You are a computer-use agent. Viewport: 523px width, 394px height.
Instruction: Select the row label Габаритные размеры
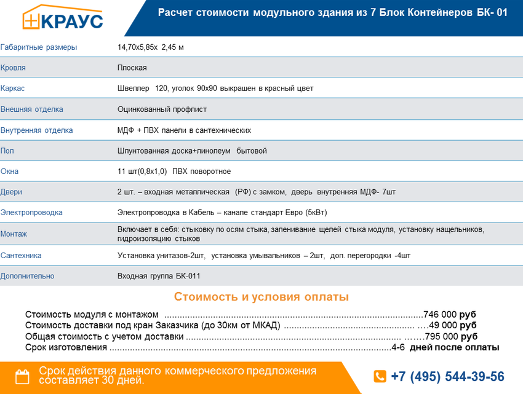tap(39, 47)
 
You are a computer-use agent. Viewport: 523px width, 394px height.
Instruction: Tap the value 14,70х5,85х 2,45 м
tap(150, 47)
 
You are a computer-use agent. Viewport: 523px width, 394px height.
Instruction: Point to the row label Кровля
tap(13, 68)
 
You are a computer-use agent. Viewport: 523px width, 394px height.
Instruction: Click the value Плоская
tap(132, 68)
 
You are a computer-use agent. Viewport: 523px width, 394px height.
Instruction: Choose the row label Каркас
tap(12, 89)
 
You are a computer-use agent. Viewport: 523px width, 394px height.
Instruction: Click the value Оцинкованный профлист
tap(162, 109)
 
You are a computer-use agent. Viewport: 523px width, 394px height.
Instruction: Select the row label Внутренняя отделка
tap(36, 130)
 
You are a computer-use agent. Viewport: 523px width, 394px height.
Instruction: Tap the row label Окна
tap(9, 171)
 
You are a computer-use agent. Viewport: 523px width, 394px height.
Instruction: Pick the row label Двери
tap(11, 192)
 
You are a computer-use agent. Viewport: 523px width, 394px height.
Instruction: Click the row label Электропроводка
tap(31, 213)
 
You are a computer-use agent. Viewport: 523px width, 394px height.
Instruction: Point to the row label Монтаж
tap(14, 234)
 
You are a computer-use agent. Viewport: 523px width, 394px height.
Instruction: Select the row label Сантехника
tap(21, 255)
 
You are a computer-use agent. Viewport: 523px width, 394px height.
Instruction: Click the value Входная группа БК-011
tap(159, 276)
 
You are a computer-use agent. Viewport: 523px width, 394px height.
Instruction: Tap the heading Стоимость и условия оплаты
tap(261, 297)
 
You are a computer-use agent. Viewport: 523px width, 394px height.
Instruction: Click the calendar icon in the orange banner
tap(22, 376)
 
